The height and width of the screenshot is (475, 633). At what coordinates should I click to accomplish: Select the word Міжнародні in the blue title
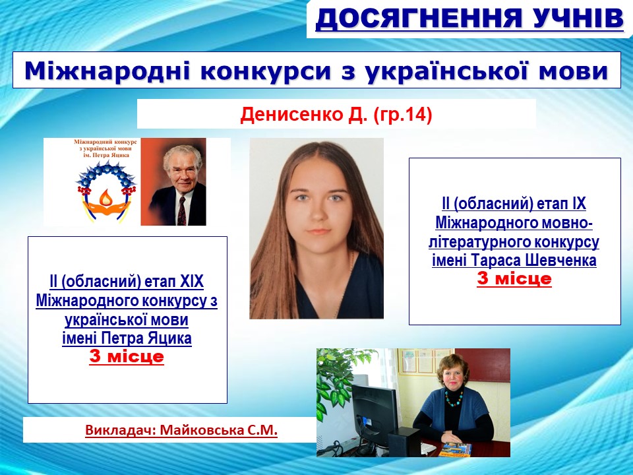coord(107,71)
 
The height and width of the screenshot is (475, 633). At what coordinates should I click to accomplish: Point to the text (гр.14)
coord(403,115)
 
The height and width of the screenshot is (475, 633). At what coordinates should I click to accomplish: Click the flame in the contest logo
coord(105,197)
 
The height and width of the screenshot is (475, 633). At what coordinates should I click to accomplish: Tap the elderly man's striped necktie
coord(182,210)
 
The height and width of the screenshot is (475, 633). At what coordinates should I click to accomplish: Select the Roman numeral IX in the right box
coord(579,204)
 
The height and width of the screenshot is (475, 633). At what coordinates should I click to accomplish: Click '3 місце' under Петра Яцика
coord(127,356)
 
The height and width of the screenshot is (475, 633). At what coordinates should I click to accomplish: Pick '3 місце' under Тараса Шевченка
coord(514,278)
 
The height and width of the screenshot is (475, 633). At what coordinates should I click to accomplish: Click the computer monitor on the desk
coord(375,408)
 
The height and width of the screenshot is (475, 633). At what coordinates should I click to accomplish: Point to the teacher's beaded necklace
coord(454,398)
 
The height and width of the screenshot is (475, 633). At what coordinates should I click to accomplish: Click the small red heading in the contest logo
coord(105,148)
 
